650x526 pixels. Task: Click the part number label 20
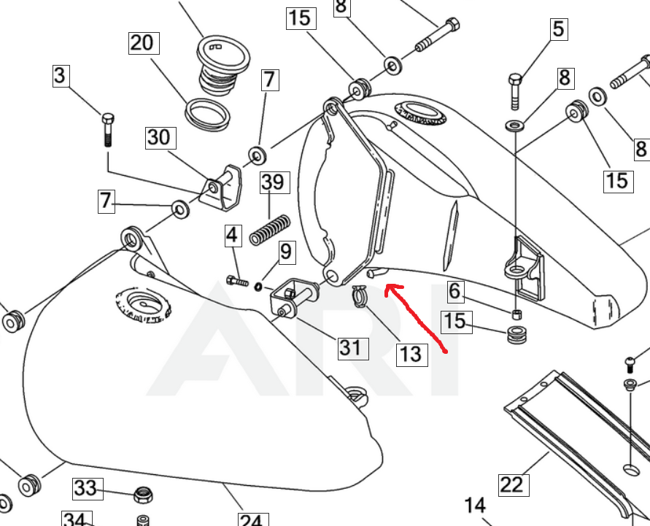(142, 43)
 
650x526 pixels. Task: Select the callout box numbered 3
(59, 75)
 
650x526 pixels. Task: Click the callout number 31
(350, 347)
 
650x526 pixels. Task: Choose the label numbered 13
(410, 354)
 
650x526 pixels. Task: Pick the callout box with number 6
(455, 292)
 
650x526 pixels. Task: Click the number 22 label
(512, 484)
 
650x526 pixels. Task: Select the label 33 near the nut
(85, 487)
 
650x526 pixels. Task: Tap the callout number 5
(558, 29)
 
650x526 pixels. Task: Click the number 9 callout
(285, 252)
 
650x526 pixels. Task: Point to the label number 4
(232, 236)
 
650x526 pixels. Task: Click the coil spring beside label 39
(271, 229)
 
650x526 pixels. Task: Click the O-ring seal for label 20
(206, 112)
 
